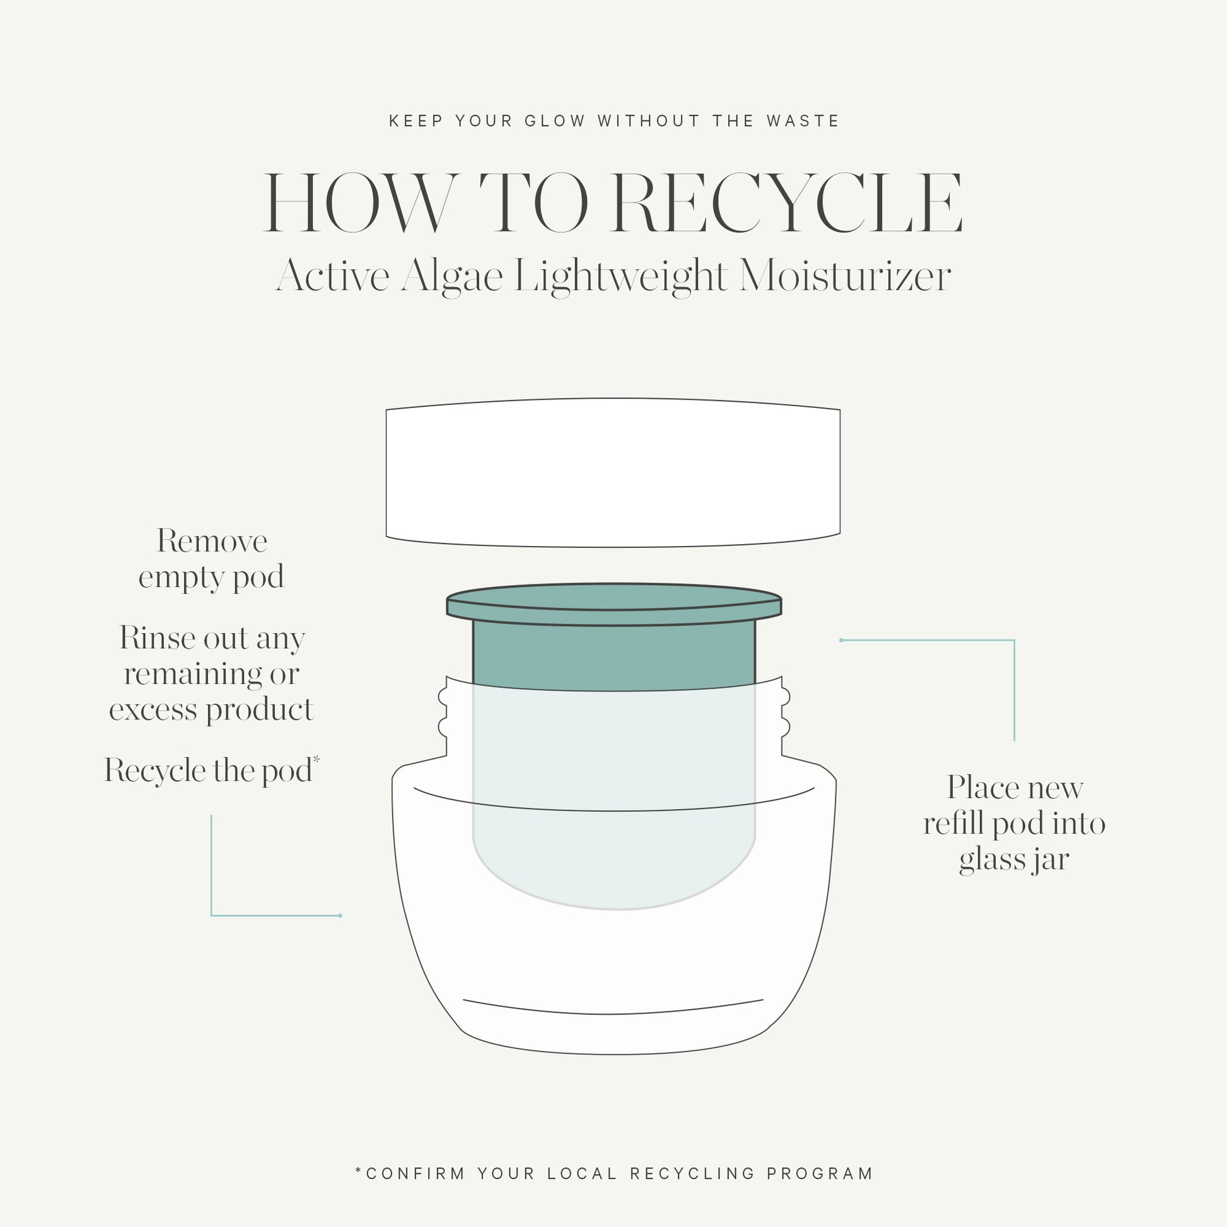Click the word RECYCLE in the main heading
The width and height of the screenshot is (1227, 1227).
click(x=788, y=202)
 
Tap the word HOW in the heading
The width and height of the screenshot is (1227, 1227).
click(x=360, y=202)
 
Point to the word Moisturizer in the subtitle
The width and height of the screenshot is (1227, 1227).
click(x=845, y=276)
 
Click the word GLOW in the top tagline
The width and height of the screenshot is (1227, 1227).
click(x=555, y=120)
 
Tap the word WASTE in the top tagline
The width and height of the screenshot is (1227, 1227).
click(x=803, y=120)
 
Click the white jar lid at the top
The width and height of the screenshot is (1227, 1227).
click(x=613, y=472)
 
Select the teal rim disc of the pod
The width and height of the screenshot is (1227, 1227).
click(x=613, y=604)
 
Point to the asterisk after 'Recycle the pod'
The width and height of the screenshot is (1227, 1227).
click(x=317, y=760)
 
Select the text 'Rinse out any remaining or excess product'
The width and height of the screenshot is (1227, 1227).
click(x=211, y=674)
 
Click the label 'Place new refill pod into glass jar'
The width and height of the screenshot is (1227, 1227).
click(x=1015, y=823)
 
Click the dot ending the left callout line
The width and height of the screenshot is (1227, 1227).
click(x=340, y=915)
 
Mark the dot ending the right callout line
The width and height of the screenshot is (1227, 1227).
click(x=842, y=640)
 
